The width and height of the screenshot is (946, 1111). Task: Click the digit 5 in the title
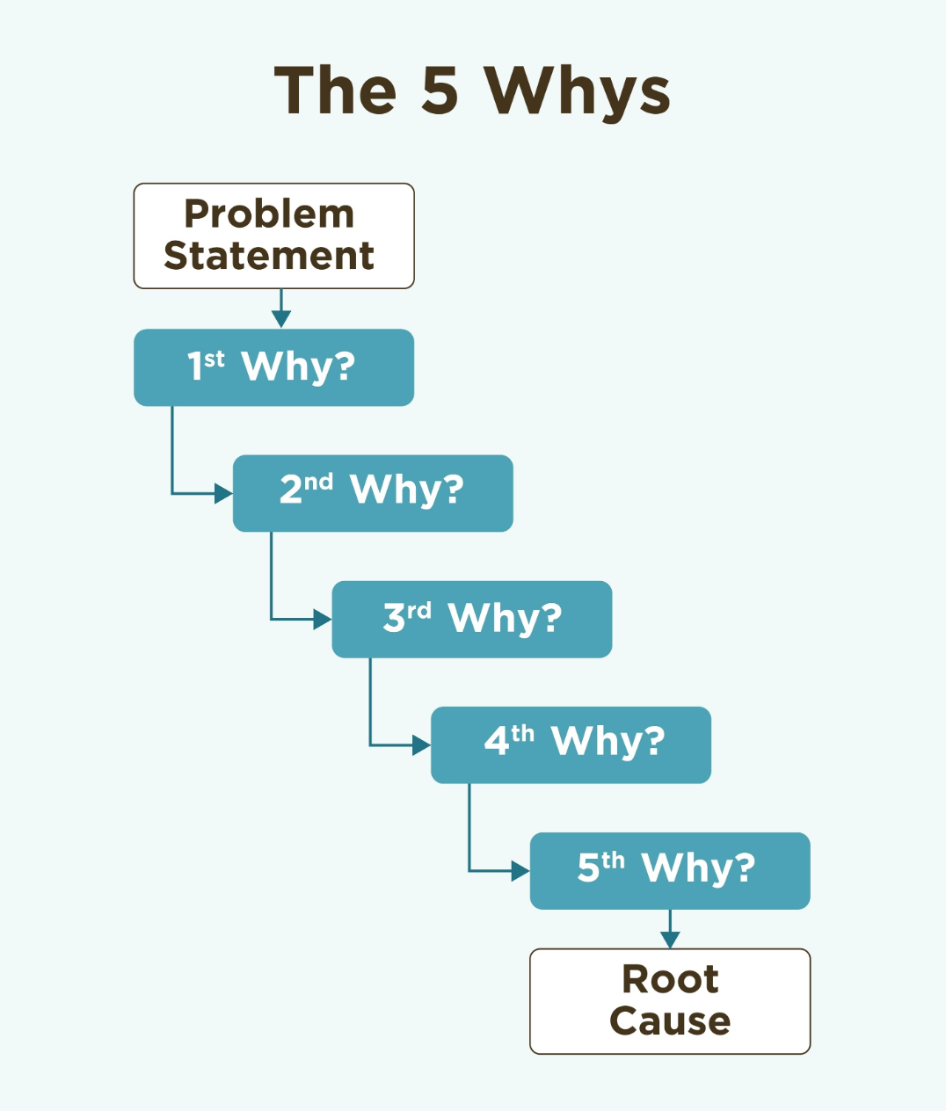(440, 91)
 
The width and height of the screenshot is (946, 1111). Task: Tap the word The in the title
(335, 90)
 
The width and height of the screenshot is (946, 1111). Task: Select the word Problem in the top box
(269, 214)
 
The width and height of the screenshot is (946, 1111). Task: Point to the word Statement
(269, 255)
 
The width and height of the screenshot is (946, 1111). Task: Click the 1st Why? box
(274, 367)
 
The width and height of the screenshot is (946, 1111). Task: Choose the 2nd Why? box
(373, 493)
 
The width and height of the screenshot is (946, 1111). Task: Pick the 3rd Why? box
(472, 619)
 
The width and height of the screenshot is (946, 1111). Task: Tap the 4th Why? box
(571, 745)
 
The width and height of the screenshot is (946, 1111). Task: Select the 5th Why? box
(670, 871)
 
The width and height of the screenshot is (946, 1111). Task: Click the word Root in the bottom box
(670, 979)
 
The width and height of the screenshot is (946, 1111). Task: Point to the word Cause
(670, 1020)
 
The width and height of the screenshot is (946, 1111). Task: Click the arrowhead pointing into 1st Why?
(281, 319)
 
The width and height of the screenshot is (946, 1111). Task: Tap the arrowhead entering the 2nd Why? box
(223, 493)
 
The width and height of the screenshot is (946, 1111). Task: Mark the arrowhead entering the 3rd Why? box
(323, 619)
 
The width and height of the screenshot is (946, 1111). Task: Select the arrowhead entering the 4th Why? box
(421, 745)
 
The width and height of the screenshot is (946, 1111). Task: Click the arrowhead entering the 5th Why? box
(520, 871)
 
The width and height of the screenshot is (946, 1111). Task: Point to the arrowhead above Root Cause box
(670, 940)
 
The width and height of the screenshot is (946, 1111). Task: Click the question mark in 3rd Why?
(552, 617)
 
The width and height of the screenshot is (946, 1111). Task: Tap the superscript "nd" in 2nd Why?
(319, 482)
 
